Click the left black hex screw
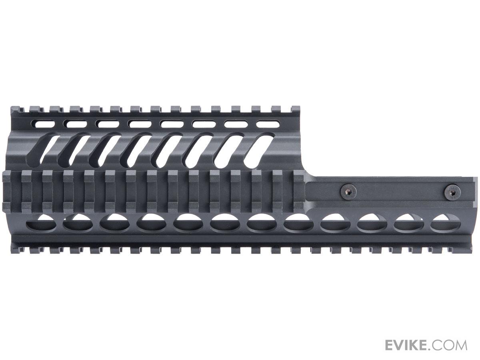point(348,192)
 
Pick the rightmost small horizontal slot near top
point(268,124)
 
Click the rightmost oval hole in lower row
point(446,223)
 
